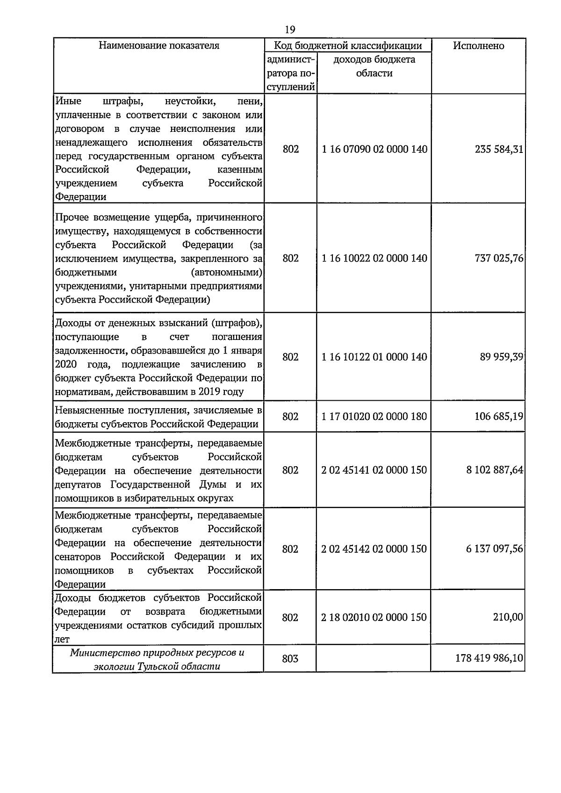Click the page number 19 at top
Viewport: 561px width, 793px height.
[290, 29]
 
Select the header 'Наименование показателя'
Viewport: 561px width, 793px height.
[159, 46]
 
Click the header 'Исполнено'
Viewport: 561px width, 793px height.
[478, 46]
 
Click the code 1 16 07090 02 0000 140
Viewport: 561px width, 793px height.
[374, 150]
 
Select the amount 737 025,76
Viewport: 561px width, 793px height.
[498, 259]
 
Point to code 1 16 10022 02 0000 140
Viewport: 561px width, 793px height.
[374, 259]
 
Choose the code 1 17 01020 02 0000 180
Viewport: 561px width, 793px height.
[374, 416]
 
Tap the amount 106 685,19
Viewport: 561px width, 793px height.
[498, 416]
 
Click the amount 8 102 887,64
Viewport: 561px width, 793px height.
[494, 470]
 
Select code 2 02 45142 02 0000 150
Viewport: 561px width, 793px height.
[374, 549]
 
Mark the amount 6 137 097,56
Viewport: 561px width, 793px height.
[494, 549]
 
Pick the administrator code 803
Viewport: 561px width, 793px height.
[290, 659]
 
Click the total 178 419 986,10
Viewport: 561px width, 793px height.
[489, 659]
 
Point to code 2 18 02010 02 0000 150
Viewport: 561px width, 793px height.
[374, 618]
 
